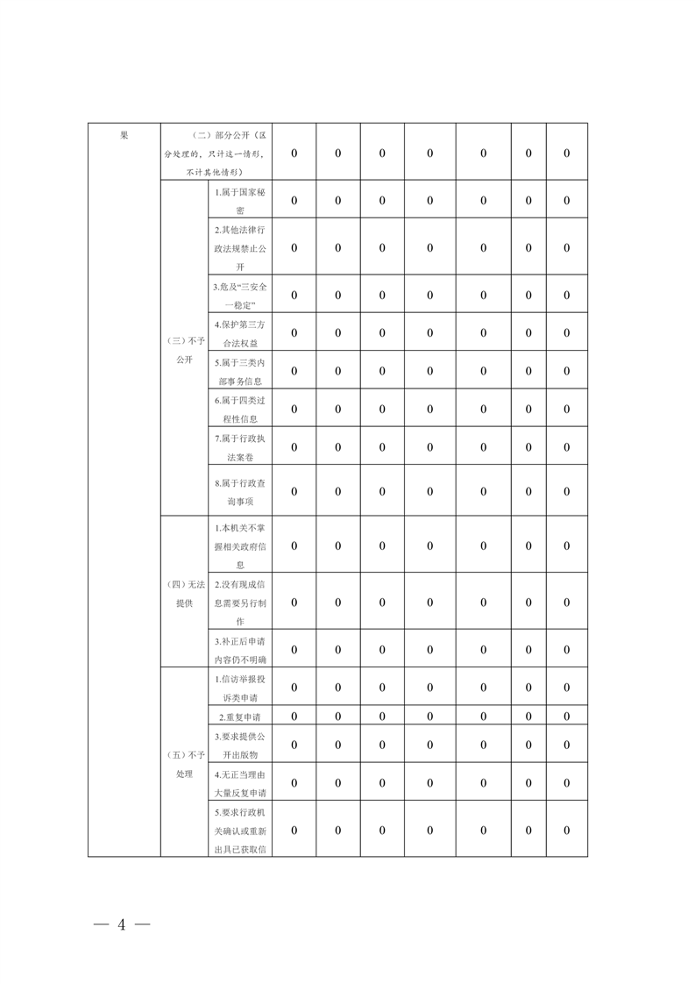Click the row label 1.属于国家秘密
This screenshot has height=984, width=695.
(x=240, y=200)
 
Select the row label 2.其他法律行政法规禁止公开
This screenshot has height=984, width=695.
(x=240, y=247)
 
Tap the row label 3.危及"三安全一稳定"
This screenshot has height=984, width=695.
(x=240, y=295)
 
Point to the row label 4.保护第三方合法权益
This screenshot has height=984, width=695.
(x=240, y=332)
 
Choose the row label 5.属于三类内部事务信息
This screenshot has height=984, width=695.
(x=240, y=371)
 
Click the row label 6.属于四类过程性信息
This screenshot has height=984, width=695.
(x=240, y=409)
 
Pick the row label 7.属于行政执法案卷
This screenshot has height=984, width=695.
(x=240, y=447)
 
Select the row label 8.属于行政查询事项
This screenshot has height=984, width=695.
(x=240, y=490)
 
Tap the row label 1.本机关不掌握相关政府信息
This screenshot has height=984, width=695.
(x=240, y=546)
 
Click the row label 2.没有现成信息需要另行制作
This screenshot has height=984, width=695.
(x=240, y=602)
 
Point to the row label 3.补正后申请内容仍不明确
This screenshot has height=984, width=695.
(x=240, y=649)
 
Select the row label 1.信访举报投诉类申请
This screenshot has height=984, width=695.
(x=240, y=687)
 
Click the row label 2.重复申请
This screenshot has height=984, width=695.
(x=240, y=717)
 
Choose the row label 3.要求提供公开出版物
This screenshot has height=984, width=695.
(x=240, y=745)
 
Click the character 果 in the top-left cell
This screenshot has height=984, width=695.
(x=124, y=136)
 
